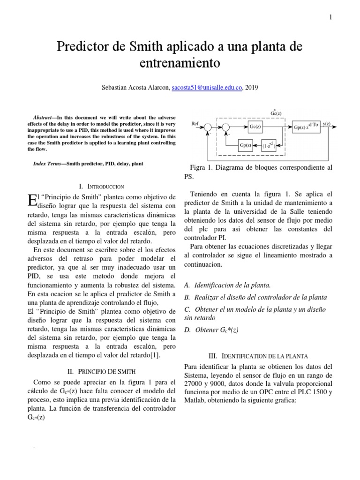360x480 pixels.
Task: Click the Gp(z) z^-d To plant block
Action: coord(306,127)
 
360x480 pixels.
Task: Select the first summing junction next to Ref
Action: coord(209,127)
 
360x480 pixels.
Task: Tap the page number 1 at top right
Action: coord(330,18)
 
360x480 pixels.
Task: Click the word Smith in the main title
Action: coord(142,47)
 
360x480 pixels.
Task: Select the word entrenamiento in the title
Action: coord(180,62)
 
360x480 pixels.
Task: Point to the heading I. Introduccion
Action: coord(102,186)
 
